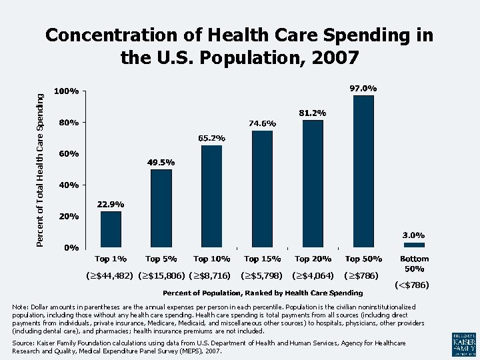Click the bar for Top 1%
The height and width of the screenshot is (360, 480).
coord(111,229)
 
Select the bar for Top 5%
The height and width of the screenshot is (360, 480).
coord(161,208)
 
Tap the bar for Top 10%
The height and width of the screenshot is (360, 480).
coord(211,196)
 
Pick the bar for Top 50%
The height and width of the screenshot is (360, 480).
coord(363,171)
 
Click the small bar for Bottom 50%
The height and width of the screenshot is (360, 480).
coord(414,245)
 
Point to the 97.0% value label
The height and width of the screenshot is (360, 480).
coord(363,88)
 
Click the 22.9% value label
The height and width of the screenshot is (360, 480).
coord(111,204)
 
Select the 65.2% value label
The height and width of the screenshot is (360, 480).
coord(211,138)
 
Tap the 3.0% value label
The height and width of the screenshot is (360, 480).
coord(413,235)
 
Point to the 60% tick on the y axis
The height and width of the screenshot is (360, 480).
coord(67,153)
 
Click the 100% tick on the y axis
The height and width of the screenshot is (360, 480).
coord(67,91)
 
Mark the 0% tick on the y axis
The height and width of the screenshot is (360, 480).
coord(69,248)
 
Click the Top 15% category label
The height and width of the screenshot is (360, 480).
coord(262,259)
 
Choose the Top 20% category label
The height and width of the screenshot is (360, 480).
coord(313,259)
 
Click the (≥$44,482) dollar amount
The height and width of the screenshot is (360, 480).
coord(111,275)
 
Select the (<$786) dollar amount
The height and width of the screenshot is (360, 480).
coord(412,285)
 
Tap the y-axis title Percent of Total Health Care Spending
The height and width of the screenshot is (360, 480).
coord(41,170)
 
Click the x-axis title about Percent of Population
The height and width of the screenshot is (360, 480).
coord(263,293)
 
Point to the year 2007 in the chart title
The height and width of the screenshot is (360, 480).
coord(335,58)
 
